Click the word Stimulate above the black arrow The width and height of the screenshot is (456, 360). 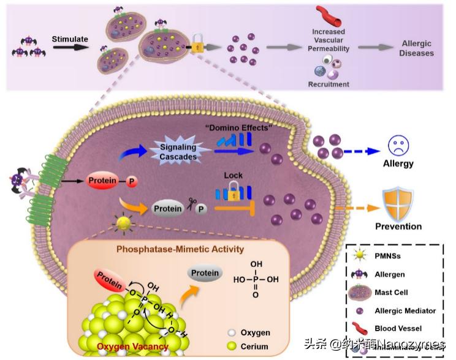coord(70,40)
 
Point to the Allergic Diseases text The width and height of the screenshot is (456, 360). coord(417,48)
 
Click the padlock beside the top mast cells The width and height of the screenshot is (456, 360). coord(197,47)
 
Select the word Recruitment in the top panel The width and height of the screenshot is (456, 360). coord(329,84)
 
